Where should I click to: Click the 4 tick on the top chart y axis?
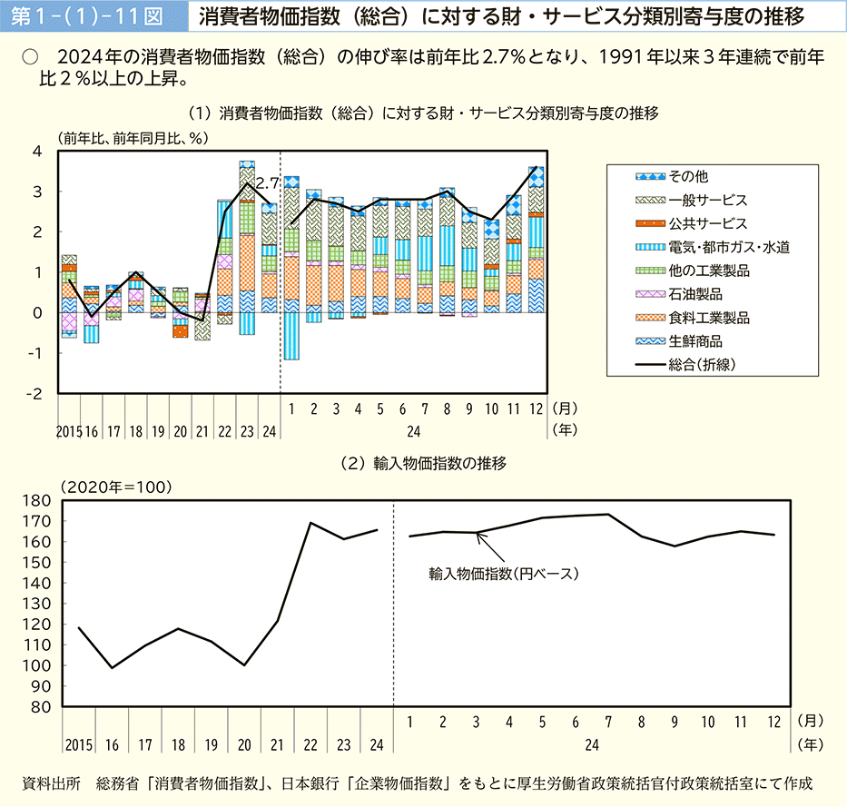point(37,152)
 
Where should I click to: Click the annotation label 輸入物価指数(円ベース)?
point(504,574)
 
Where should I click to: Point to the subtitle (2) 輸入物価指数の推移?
point(422,463)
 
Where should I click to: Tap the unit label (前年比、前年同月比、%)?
point(133,138)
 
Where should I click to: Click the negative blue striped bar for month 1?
point(291,336)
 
